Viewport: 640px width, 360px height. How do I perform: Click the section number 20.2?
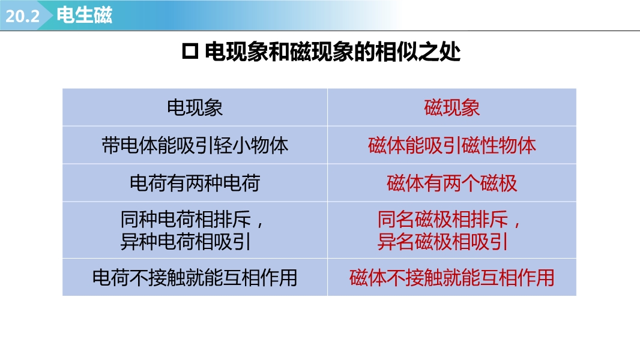coord(22,16)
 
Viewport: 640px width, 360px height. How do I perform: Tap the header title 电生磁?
coord(84,15)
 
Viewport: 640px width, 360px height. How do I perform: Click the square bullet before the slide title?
coord(190,52)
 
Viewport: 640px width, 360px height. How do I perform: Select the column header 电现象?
coord(195,107)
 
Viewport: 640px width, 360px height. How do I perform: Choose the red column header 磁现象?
coord(452,107)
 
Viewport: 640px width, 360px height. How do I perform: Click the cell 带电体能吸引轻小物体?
coord(195,146)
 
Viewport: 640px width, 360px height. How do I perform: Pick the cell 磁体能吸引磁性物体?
coord(452,146)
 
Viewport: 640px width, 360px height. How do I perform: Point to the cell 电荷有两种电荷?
coord(195,183)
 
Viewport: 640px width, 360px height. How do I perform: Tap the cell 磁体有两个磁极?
coord(452,183)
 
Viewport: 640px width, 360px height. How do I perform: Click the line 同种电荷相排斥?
coord(186,220)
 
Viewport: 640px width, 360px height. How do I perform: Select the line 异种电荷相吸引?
coord(186,241)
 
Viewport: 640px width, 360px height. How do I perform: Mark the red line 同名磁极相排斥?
coord(442,220)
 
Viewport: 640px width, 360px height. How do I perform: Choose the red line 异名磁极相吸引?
coord(442,241)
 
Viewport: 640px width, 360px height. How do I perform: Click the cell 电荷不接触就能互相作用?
coord(195,278)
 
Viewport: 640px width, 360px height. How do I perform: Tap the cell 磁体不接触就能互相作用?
coord(452,278)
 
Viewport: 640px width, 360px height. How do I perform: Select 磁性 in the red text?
coord(480,146)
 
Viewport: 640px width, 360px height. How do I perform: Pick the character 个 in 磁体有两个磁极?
coord(471,183)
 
